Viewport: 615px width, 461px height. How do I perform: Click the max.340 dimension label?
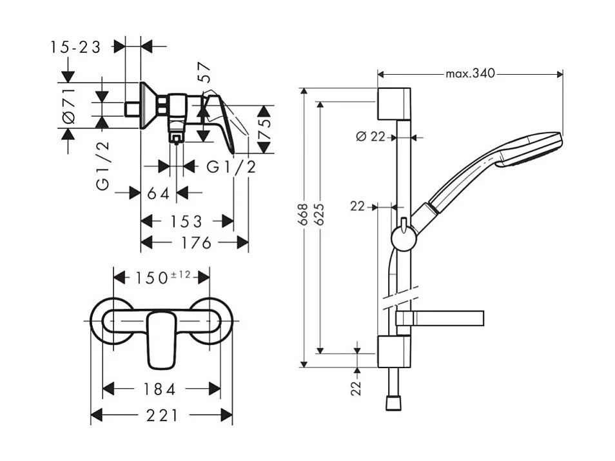point(470,73)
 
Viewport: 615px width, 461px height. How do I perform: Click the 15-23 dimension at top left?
point(75,46)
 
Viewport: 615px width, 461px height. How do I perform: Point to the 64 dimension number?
point(158,192)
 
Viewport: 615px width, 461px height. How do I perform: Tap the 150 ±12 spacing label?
point(162,277)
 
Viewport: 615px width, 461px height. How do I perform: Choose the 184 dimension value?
point(161,389)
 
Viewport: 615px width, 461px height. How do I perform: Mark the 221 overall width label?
point(161,416)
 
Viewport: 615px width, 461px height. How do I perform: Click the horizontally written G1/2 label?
point(231,166)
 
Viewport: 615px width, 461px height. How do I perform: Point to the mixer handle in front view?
point(161,338)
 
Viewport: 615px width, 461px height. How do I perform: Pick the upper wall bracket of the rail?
point(393,103)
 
